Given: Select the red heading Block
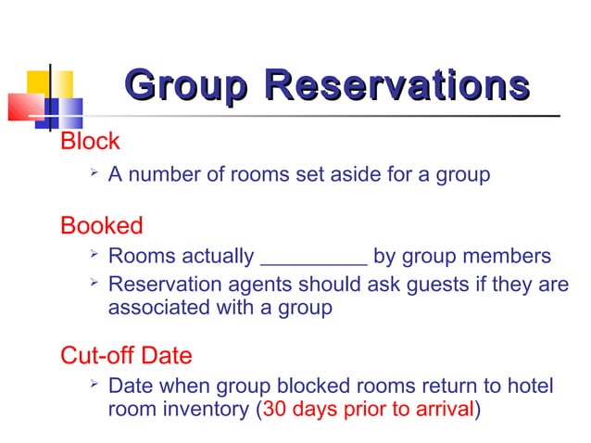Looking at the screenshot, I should pos(90,142).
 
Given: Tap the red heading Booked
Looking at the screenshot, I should pos(101,225).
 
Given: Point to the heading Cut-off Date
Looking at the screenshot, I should pos(126,355).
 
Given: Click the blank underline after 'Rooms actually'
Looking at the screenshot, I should pos(314,258).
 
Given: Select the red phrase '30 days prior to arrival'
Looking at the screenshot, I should pos(368,409).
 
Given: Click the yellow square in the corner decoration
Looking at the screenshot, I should pos(38,82).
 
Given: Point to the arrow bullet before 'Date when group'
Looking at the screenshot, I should pos(92,384).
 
